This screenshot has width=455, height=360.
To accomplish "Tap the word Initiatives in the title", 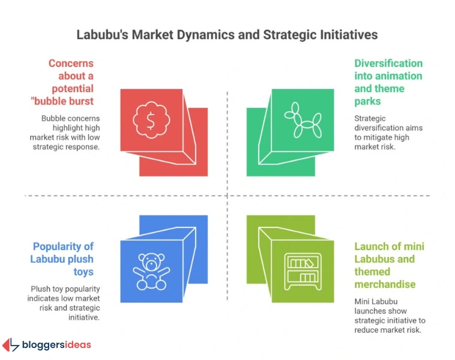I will click(x=348, y=35).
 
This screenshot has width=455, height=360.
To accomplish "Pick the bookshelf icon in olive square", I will click(x=302, y=271).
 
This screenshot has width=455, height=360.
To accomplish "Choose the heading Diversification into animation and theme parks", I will click(x=388, y=82).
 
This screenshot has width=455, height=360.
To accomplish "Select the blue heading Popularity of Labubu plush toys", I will click(x=64, y=259).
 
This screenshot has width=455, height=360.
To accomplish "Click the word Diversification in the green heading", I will click(x=388, y=64).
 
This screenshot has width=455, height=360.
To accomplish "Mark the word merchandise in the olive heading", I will click(x=385, y=284).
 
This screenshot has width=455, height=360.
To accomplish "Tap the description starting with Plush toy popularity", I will click(x=65, y=302).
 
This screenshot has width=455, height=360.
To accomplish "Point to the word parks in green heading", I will click(x=367, y=101).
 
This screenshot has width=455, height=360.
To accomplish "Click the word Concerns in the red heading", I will click(x=71, y=64).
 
